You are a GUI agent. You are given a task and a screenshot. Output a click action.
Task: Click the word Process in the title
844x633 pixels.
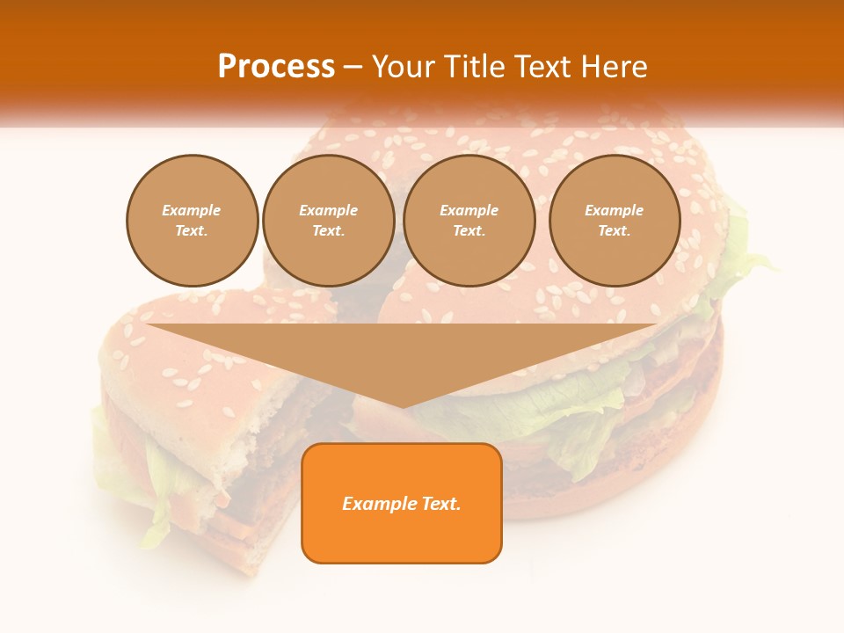click(276, 67)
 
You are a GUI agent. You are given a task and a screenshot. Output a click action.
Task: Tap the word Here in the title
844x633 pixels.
click(615, 67)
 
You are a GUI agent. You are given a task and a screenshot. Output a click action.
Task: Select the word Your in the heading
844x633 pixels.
click(404, 67)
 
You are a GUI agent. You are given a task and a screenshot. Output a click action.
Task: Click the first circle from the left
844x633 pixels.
click(192, 221)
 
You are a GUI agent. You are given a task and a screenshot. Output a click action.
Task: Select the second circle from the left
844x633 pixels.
click(328, 221)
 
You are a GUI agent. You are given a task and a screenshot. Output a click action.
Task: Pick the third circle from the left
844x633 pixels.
click(469, 221)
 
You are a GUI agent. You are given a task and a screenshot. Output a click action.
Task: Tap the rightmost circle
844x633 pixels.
click(614, 221)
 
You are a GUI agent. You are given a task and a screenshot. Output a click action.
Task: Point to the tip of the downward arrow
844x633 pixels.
click(402, 406)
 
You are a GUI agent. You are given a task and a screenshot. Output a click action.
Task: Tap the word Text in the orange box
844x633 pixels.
click(440, 504)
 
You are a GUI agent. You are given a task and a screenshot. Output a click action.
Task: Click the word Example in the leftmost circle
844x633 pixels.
click(192, 211)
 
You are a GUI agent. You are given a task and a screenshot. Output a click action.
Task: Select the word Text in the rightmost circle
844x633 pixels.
click(614, 231)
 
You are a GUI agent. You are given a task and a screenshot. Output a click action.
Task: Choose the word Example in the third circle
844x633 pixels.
click(469, 211)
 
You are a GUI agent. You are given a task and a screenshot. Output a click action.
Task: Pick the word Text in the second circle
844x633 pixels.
click(328, 231)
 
